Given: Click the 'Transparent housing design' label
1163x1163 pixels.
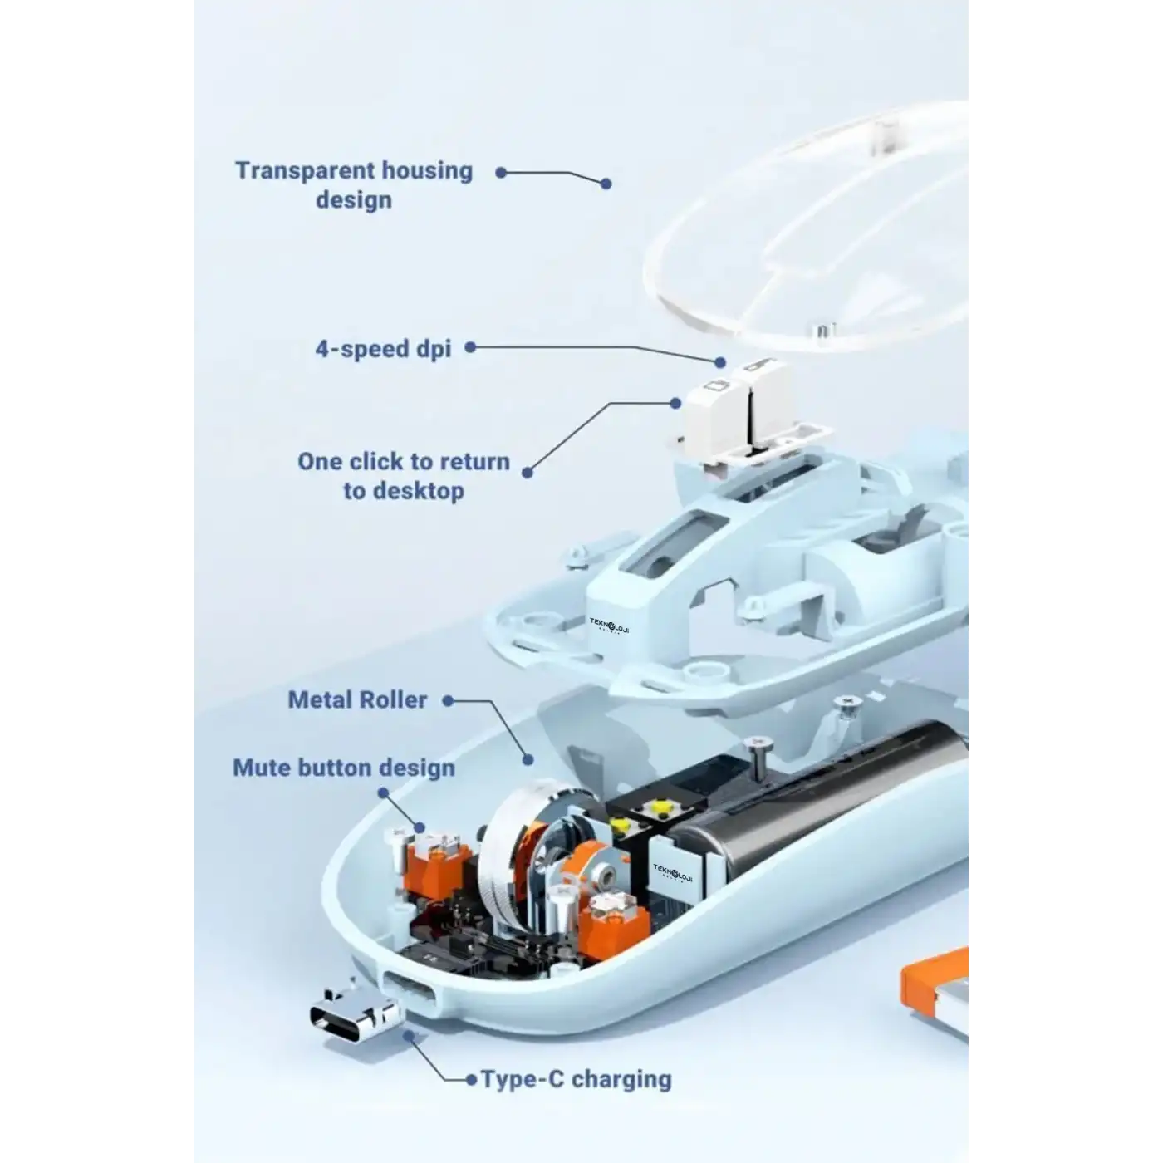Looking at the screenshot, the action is pyautogui.click(x=354, y=185).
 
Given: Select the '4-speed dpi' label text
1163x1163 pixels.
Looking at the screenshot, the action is pyautogui.click(x=383, y=349).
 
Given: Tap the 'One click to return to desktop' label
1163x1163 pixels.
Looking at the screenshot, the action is pyautogui.click(x=404, y=476).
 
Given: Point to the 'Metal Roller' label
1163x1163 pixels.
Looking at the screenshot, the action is pyautogui.click(x=357, y=700).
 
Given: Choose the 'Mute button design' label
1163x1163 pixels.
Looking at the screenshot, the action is pyautogui.click(x=344, y=768).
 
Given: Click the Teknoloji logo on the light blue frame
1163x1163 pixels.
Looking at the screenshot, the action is pyautogui.click(x=609, y=625).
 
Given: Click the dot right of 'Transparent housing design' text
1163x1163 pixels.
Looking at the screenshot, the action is pyautogui.click(x=500, y=173).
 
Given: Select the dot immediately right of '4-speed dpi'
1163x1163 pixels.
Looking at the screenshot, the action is pyautogui.click(x=471, y=347).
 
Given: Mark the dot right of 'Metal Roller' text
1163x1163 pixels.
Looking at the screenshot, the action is pyautogui.click(x=448, y=700).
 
